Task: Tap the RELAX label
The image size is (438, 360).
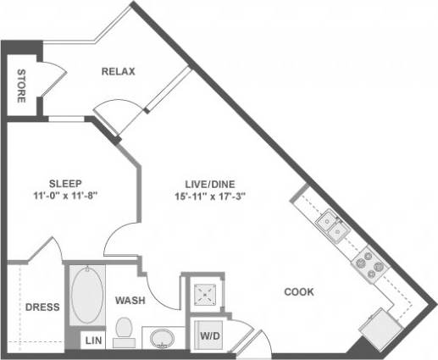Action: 119,71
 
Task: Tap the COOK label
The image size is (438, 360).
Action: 299,292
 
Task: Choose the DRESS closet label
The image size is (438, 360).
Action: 41,307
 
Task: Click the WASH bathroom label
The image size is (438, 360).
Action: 131,301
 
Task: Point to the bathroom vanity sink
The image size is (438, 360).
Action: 161,340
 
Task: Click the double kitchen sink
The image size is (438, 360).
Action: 331,225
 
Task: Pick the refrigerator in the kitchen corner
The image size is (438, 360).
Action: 379,326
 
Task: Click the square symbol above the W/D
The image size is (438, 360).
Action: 204,294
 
